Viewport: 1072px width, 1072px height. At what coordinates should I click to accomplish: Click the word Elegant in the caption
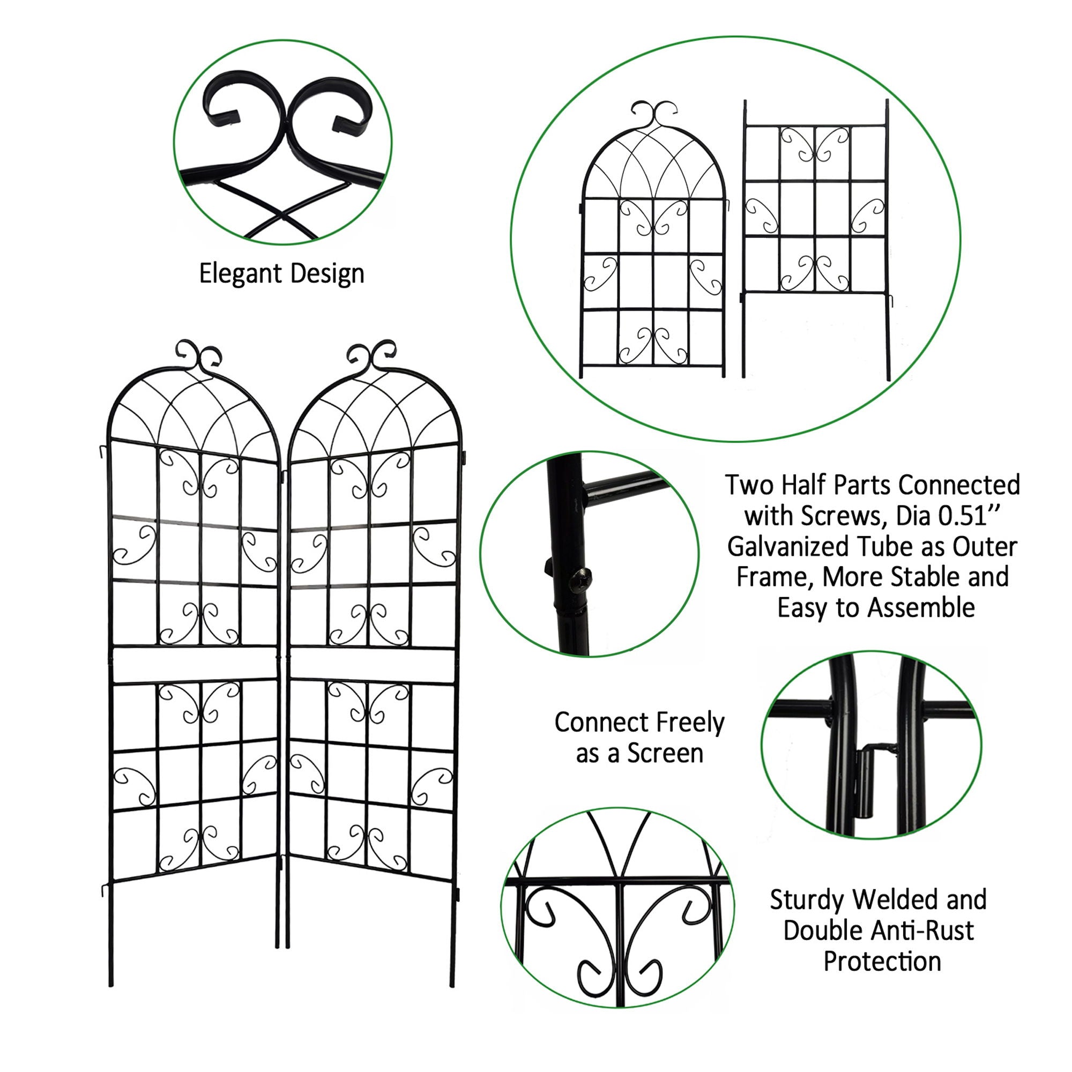coord(241,273)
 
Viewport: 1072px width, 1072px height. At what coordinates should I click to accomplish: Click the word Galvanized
coord(788,547)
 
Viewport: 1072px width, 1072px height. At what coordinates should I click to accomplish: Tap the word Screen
coord(665,754)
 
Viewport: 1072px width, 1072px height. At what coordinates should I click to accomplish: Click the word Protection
coord(882,961)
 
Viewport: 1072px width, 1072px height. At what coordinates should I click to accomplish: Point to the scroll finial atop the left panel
coord(198,356)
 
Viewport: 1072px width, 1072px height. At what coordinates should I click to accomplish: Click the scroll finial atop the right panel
coord(371,356)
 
